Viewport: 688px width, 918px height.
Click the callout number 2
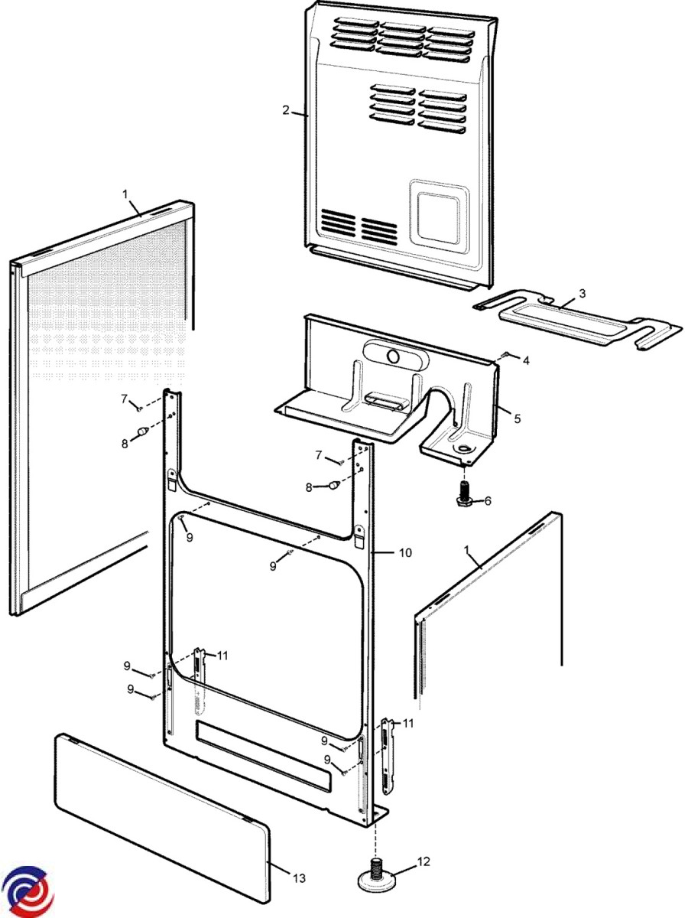click(285, 110)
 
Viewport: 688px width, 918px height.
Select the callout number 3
click(583, 294)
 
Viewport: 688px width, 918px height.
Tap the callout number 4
click(525, 360)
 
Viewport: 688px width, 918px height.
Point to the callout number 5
click(518, 418)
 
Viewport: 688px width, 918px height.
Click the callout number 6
click(488, 500)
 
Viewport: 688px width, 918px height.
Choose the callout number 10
click(405, 552)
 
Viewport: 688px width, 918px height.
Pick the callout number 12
click(423, 862)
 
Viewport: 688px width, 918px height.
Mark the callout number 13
click(299, 878)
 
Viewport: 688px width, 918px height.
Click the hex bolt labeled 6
click(463, 493)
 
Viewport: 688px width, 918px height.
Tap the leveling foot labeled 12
click(377, 876)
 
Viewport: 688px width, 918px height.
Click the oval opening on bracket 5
click(391, 355)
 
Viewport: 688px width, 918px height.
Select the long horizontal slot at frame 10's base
click(264, 754)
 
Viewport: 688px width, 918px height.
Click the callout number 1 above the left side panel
click(125, 195)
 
